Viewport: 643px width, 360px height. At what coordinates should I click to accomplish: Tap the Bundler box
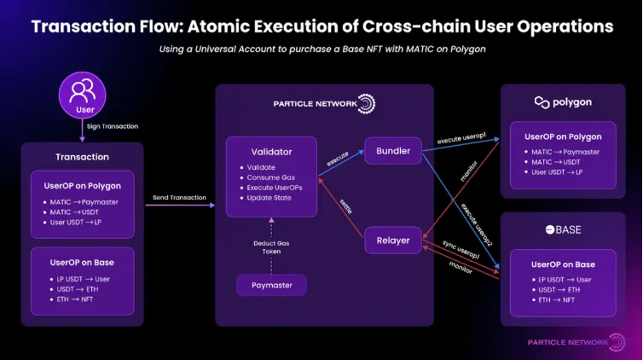tap(392, 152)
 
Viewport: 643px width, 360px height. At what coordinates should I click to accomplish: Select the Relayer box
tap(392, 241)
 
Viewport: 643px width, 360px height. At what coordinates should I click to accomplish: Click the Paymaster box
tap(271, 286)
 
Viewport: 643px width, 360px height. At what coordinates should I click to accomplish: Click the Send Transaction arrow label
tap(179, 198)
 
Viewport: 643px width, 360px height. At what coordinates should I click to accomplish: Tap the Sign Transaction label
tap(112, 126)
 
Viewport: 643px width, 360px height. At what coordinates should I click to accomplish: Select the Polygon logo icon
tap(542, 102)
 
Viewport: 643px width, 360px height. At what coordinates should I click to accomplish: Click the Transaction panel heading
tap(82, 157)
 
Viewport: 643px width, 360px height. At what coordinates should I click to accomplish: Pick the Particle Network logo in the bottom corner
tap(567, 342)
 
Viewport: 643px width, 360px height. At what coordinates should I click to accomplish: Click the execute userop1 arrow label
tap(461, 138)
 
